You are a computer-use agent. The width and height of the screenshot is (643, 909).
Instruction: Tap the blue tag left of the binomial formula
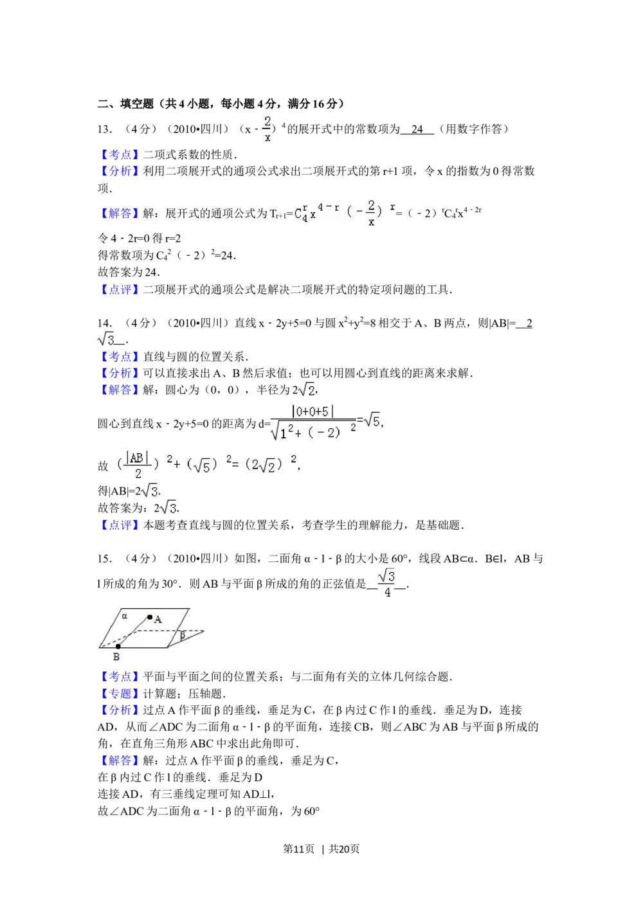[x=119, y=213]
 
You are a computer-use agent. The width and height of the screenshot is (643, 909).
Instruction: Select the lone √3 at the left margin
[x=105, y=339]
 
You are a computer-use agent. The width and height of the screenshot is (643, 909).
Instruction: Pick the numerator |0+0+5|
[x=313, y=411]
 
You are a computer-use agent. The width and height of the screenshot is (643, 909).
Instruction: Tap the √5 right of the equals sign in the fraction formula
[x=372, y=420]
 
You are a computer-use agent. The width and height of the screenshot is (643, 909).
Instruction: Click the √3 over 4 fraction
[x=386, y=583]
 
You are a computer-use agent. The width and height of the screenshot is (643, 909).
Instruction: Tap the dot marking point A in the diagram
[x=150, y=617]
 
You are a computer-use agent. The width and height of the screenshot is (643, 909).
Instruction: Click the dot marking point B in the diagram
[x=118, y=647]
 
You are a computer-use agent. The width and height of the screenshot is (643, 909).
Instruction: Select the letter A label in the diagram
[x=158, y=619]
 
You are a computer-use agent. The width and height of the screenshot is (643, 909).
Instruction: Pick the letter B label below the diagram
[x=116, y=657]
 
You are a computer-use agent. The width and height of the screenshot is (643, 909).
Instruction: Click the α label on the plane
[x=125, y=615]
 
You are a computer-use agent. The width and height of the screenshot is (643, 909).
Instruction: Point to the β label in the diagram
[x=183, y=635]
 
